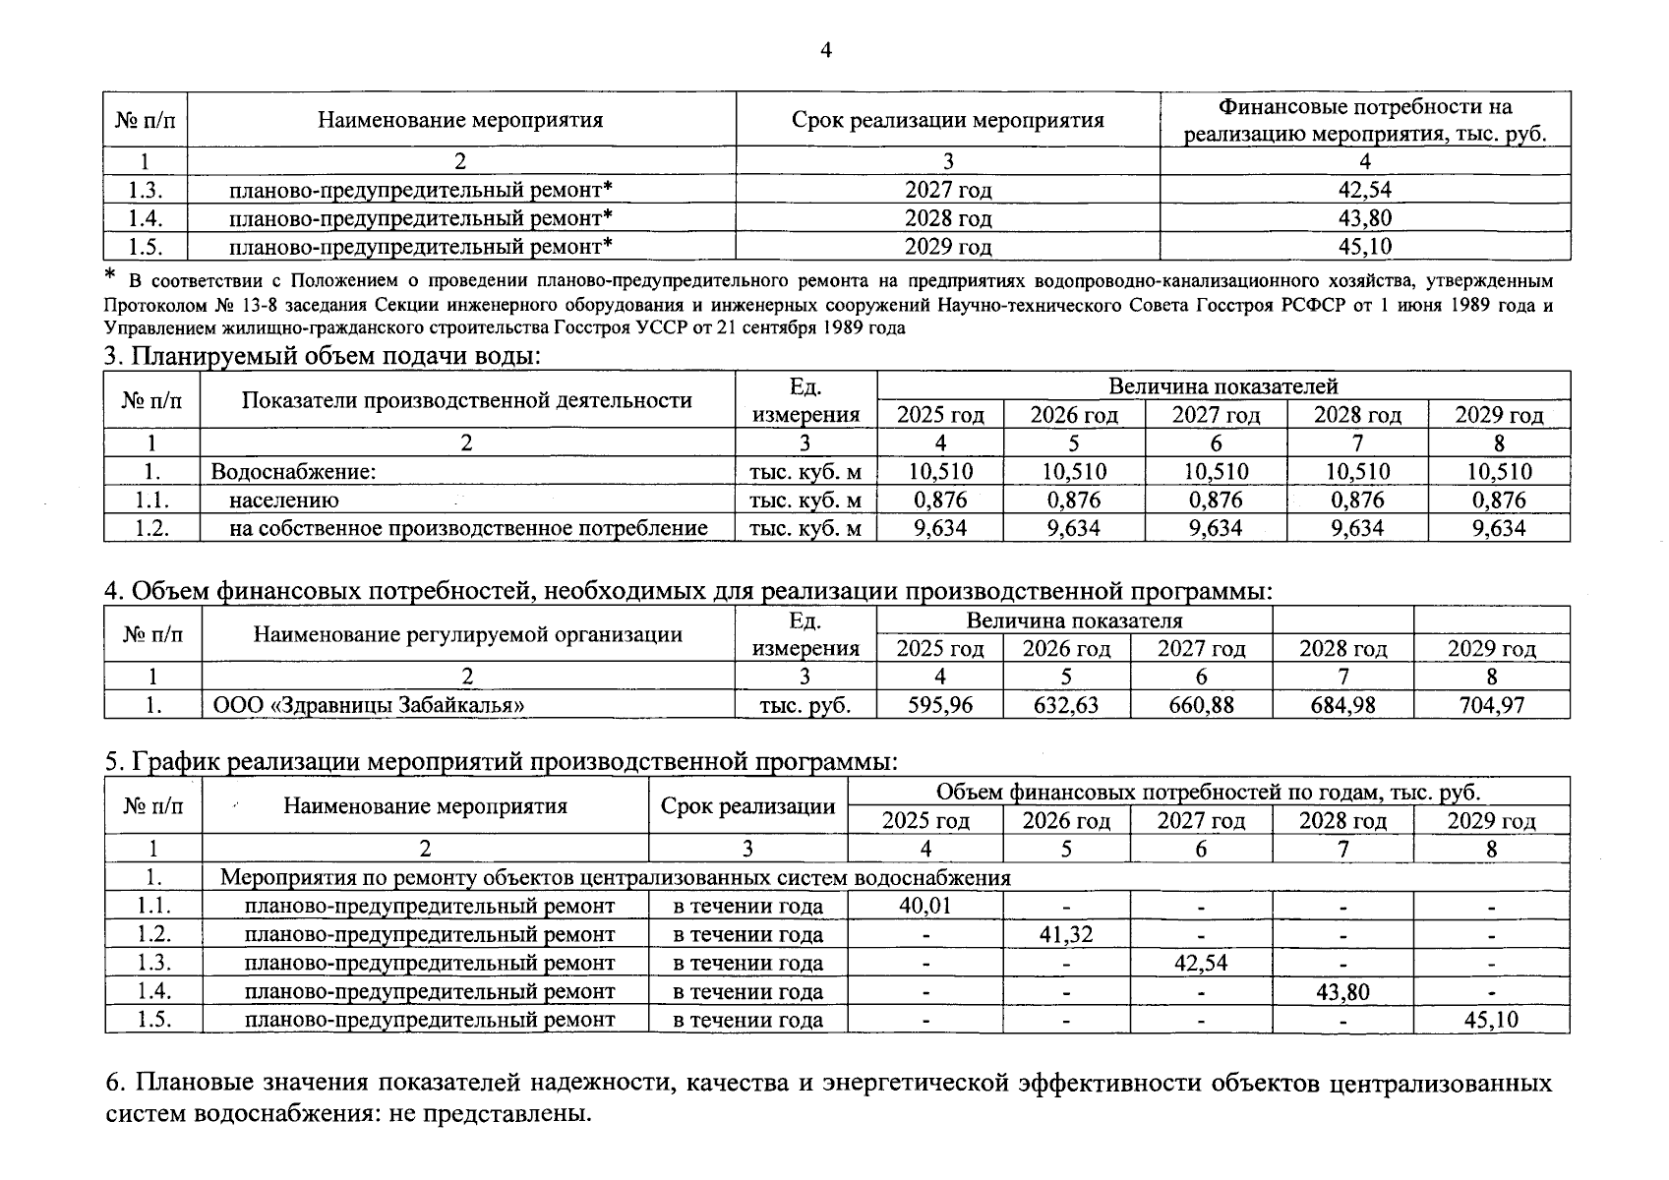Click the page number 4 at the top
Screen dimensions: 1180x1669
(x=825, y=50)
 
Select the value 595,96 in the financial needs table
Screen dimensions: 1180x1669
(x=940, y=705)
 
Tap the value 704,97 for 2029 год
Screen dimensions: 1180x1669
(x=1492, y=705)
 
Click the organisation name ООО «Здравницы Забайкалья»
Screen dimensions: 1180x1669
(x=369, y=705)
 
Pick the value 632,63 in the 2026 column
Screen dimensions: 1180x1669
(x=1066, y=705)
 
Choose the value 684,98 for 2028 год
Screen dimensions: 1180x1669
(x=1342, y=705)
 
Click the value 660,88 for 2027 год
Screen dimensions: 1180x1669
(x=1201, y=705)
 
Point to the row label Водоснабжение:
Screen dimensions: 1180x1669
(x=294, y=472)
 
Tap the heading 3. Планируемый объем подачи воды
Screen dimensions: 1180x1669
(x=323, y=356)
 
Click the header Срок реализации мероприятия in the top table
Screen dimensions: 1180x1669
(x=947, y=120)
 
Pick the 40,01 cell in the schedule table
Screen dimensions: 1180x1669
(x=925, y=906)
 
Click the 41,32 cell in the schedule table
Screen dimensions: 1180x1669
(x=1066, y=934)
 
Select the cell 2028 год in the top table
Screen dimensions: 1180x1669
(x=947, y=218)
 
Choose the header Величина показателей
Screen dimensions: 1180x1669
(x=1222, y=385)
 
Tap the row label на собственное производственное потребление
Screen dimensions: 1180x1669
(x=468, y=529)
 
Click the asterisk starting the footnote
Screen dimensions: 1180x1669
(x=110, y=275)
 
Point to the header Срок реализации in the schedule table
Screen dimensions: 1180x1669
(x=747, y=806)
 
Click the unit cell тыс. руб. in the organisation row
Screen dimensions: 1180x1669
(x=805, y=705)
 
